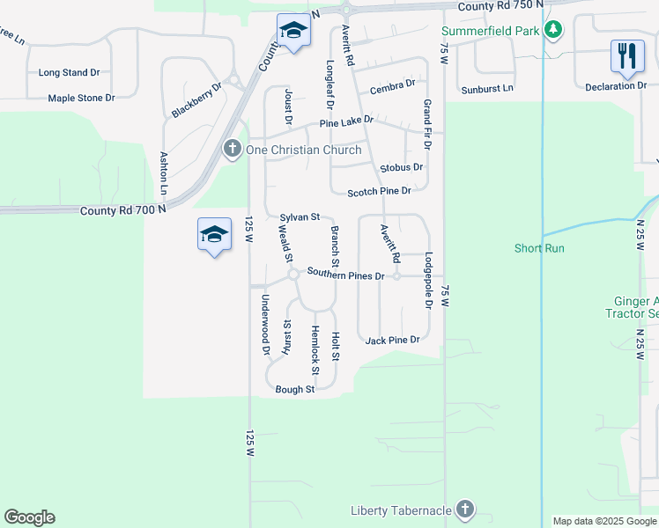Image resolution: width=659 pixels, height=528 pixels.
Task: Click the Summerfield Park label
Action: click(490, 31)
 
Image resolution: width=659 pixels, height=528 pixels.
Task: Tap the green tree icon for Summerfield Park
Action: click(552, 31)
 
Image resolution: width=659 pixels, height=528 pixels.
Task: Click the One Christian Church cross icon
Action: click(233, 150)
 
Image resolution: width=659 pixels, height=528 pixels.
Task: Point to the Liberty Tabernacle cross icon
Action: click(465, 510)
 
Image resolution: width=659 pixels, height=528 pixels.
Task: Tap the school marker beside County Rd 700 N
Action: click(214, 235)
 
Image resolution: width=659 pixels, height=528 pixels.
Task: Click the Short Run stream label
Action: click(539, 248)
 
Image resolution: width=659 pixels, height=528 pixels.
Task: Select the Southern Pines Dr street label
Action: click(345, 275)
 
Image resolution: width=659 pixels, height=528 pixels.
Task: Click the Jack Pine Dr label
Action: click(392, 340)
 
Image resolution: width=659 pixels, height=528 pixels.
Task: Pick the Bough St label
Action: click(294, 389)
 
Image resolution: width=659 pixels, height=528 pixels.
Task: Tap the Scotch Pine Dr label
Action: click(379, 192)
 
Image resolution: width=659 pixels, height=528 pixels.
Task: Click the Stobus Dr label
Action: click(401, 167)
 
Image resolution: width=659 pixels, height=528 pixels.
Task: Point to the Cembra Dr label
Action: click(392, 86)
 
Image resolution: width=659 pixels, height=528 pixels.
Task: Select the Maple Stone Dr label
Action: click(82, 98)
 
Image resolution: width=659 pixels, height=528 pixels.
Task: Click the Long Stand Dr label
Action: click(69, 73)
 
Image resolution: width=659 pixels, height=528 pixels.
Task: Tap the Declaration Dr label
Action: click(616, 85)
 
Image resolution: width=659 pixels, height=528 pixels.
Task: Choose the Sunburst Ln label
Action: click(487, 89)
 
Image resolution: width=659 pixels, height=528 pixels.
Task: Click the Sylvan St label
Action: click(299, 216)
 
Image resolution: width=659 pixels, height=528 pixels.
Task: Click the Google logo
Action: click(29, 517)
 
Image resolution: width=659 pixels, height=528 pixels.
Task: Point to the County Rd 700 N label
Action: click(122, 211)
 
